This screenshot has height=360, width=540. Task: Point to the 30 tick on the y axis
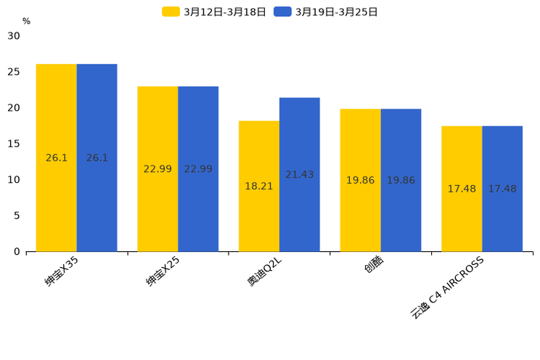pos(14,36)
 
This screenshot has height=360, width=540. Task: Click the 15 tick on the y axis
pos(14,144)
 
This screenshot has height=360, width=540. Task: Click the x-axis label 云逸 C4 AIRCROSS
pos(447,287)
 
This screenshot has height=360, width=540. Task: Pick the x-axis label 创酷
pos(374,264)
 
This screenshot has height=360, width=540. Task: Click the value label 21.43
pos(300,175)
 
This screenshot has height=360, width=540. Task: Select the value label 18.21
pos(259,187)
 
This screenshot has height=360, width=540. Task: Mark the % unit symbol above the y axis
pos(26,21)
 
